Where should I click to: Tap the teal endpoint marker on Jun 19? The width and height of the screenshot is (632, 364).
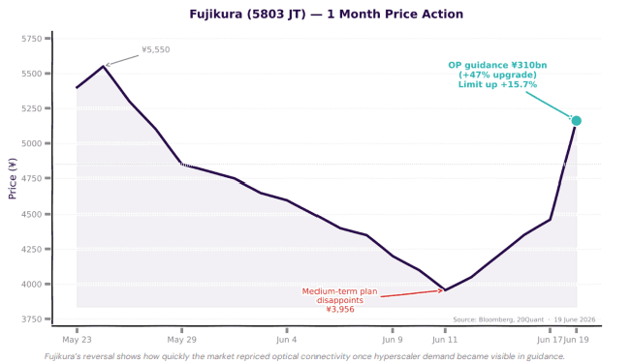pos(577,121)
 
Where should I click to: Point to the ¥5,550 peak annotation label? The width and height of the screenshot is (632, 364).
pos(156,49)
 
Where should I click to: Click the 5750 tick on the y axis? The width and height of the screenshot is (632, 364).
pos(32,39)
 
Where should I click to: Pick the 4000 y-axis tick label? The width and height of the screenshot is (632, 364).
pos(32,285)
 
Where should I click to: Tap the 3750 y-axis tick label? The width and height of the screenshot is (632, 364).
pos(32,319)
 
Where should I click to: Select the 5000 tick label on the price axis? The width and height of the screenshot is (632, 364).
pos(32,143)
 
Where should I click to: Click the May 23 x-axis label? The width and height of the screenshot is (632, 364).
pos(77,340)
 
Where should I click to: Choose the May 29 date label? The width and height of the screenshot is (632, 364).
pos(182,340)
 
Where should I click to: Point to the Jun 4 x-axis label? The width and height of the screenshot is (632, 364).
pos(287,340)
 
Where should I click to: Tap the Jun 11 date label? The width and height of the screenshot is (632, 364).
pos(445,340)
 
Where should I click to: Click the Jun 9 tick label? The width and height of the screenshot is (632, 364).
pos(393,340)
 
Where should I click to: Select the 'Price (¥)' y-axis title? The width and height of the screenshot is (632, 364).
pos(13,178)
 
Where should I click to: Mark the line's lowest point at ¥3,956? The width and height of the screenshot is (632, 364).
pos(445,289)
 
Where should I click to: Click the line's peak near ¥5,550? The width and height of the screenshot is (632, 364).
pos(103,66)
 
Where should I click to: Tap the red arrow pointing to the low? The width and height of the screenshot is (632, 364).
pos(412,293)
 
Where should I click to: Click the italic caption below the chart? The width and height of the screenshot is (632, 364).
pos(304,356)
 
